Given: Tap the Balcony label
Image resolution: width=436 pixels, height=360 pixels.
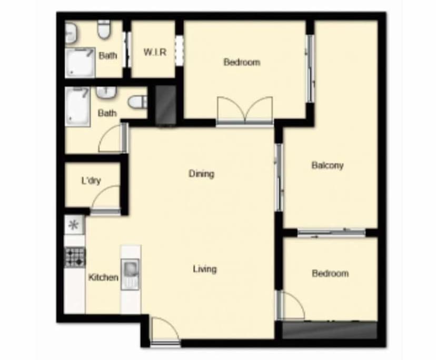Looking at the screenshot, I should tap(327, 165).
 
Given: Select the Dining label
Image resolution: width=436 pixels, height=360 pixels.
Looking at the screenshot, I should tap(201, 173).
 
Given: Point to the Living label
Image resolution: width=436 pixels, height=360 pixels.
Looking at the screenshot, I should tap(204, 269).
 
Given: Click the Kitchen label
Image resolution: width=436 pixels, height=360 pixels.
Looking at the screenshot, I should tap(103, 277).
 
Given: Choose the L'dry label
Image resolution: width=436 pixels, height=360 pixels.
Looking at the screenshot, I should tap(91, 181).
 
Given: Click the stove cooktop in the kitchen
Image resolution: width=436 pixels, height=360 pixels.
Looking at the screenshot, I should tap(75, 257).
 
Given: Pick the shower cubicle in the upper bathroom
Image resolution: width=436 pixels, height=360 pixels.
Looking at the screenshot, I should tap(80, 62).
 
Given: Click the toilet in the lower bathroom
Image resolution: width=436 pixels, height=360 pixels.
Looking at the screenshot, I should tap(138, 102).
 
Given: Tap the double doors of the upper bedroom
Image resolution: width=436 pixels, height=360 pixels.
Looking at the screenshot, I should tap(244, 111).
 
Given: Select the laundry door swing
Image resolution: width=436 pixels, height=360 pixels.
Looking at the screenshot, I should tap(105, 201).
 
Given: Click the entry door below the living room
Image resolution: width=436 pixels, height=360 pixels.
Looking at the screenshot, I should tap(165, 332).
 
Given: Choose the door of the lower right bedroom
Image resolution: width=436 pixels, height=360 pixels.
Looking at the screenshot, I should tap(291, 306).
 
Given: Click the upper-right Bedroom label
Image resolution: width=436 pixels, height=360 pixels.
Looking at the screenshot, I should tap(242, 62).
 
